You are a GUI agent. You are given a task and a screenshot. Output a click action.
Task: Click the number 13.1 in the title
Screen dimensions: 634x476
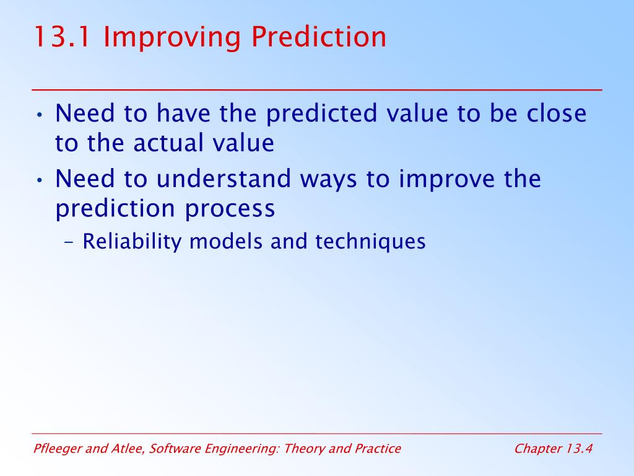(62, 37)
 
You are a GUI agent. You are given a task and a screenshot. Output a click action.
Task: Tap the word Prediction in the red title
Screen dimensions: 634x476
(318, 37)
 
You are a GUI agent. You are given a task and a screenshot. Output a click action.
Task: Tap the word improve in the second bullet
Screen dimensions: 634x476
(447, 180)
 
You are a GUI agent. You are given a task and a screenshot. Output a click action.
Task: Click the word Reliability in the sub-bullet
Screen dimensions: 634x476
(132, 242)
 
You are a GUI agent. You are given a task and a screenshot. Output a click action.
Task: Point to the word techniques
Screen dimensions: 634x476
(370, 242)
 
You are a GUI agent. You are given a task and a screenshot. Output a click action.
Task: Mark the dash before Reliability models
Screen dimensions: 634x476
(69, 242)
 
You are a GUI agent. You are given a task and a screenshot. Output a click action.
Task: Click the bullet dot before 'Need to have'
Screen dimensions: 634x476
(39, 115)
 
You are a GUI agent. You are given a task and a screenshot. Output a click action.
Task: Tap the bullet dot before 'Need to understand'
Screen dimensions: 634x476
(39, 180)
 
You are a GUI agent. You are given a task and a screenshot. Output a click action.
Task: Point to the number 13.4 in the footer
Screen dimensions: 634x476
(579, 449)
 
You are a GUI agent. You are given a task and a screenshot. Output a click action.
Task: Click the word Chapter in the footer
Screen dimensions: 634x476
(538, 449)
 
